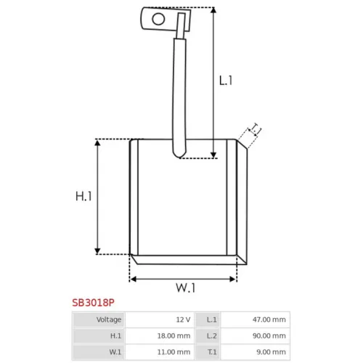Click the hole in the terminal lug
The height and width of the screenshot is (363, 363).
click(158, 19)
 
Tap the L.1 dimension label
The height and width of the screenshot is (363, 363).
click(226, 81)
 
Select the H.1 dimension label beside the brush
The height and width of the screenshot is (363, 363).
click(83, 196)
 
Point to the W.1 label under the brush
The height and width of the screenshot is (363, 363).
click(185, 287)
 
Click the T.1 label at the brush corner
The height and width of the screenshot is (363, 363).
click(256, 129)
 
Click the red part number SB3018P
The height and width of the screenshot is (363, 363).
click(93, 303)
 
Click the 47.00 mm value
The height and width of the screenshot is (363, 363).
click(269, 319)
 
